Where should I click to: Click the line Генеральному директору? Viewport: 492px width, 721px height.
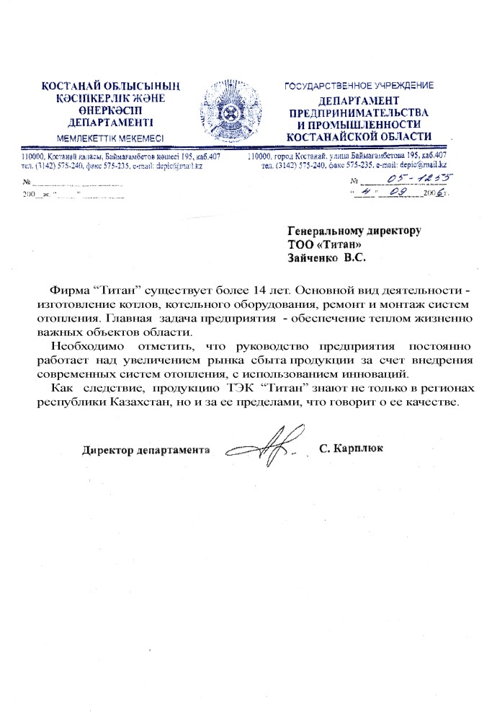click(x=353, y=231)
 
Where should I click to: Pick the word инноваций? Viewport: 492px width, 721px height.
click(x=381, y=374)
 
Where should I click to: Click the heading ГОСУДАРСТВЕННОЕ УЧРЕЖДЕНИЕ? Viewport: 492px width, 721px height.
click(x=359, y=86)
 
